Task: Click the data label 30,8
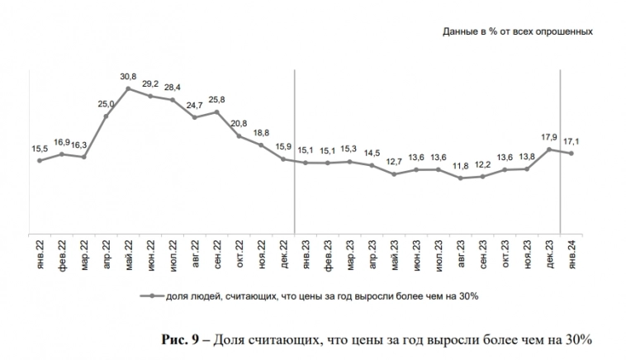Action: point(129,78)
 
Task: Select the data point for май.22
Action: point(129,88)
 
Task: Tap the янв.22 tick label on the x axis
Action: point(40,253)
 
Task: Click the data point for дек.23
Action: point(549,149)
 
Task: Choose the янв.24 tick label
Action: point(571,253)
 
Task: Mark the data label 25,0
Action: point(107,105)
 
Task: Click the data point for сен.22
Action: point(217,111)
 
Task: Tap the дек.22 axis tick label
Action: point(283,253)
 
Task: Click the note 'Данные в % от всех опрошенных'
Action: point(519,31)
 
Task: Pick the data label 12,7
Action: point(394,163)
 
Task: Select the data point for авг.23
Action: point(461,178)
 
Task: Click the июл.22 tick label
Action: point(173,253)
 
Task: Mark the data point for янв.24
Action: point(571,153)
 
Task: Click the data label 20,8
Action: point(239,124)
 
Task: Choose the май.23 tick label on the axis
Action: point(394,253)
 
